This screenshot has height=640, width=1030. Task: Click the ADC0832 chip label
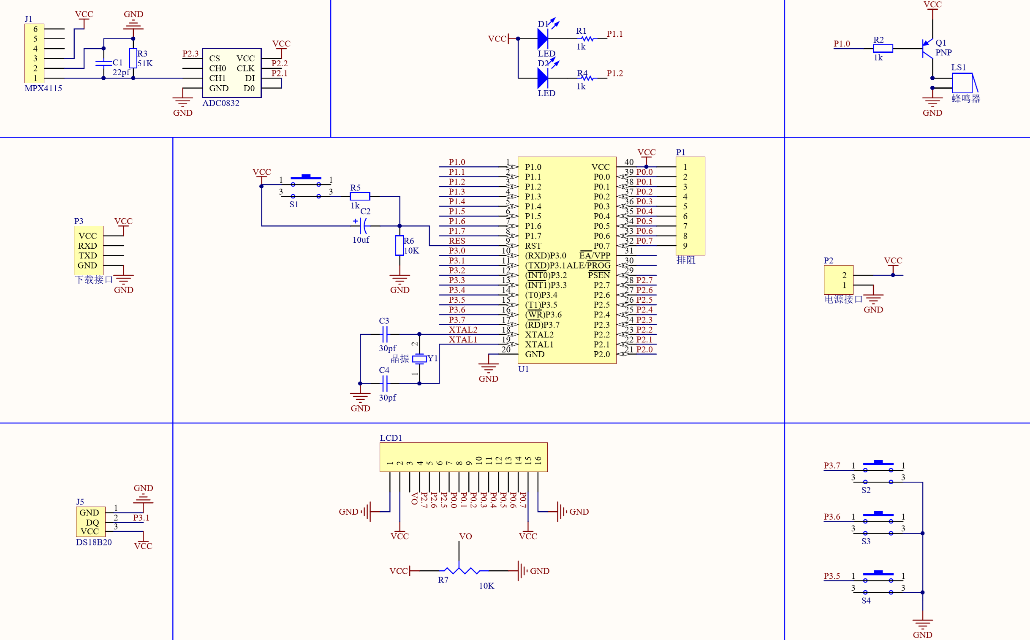pos(220,103)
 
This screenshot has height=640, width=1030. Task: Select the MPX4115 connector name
pos(43,88)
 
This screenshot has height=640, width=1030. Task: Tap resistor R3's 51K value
pos(145,63)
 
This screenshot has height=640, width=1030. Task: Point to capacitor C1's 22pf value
pos(121,72)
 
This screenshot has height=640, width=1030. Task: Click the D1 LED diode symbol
pos(543,38)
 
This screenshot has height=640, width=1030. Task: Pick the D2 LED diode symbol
pos(543,78)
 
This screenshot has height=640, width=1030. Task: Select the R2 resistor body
pos(883,49)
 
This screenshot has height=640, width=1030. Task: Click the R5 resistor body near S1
pos(360,196)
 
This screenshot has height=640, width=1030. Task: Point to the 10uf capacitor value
pos(361,240)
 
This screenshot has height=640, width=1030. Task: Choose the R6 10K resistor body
pos(399,246)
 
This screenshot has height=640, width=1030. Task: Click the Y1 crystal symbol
pos(419,359)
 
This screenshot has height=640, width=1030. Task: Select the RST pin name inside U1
pos(533,246)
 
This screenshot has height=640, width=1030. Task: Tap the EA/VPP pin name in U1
pos(595,255)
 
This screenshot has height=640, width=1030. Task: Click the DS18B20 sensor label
pos(94,542)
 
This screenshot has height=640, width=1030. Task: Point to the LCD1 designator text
pos(391,438)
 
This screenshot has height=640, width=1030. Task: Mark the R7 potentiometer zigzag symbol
pos(462,571)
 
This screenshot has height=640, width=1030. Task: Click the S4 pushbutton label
pos(866,601)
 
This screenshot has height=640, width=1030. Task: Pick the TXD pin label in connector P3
pos(88,256)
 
